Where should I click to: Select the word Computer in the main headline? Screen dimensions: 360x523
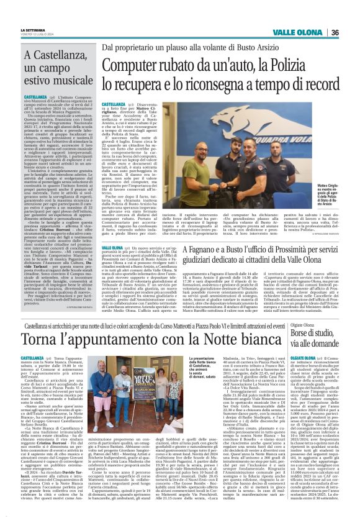pyautogui.click(x=128, y=63)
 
